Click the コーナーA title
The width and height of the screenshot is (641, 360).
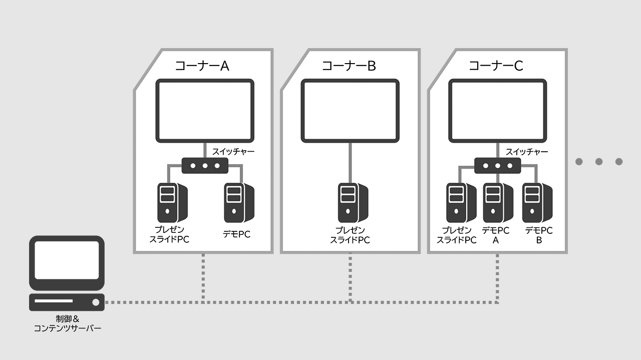pyautogui.click(x=202, y=66)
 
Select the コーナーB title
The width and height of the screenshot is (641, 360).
pyautogui.click(x=349, y=66)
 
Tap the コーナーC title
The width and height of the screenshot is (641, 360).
pyautogui.click(x=496, y=66)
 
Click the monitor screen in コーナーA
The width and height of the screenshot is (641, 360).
pyautogui.click(x=205, y=111)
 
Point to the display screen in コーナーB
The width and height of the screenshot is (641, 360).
pyautogui.click(x=350, y=111)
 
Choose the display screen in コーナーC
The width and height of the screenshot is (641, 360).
pyautogui.click(x=497, y=111)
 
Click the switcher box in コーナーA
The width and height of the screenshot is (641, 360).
pyautogui.click(x=205, y=165)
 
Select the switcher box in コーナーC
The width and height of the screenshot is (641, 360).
pyautogui.click(x=497, y=165)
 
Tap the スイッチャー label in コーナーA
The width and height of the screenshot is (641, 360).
pyautogui.click(x=233, y=151)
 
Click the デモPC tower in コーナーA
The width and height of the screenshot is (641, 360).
pyautogui.click(x=238, y=203)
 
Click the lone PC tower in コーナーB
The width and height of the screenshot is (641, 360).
pyautogui.click(x=352, y=203)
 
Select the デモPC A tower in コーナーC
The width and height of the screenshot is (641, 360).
pyautogui.click(x=497, y=203)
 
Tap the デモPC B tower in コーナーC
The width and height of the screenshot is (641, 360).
pyautogui.click(x=536, y=203)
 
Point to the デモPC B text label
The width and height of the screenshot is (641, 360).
pyautogui.click(x=539, y=235)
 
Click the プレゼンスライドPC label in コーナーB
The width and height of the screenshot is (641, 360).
pyautogui.click(x=350, y=235)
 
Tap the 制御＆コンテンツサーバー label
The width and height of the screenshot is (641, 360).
pyautogui.click(x=68, y=323)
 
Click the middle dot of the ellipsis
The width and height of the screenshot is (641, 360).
pyautogui.click(x=599, y=161)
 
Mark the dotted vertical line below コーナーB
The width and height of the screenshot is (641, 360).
pyautogui.click(x=350, y=278)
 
